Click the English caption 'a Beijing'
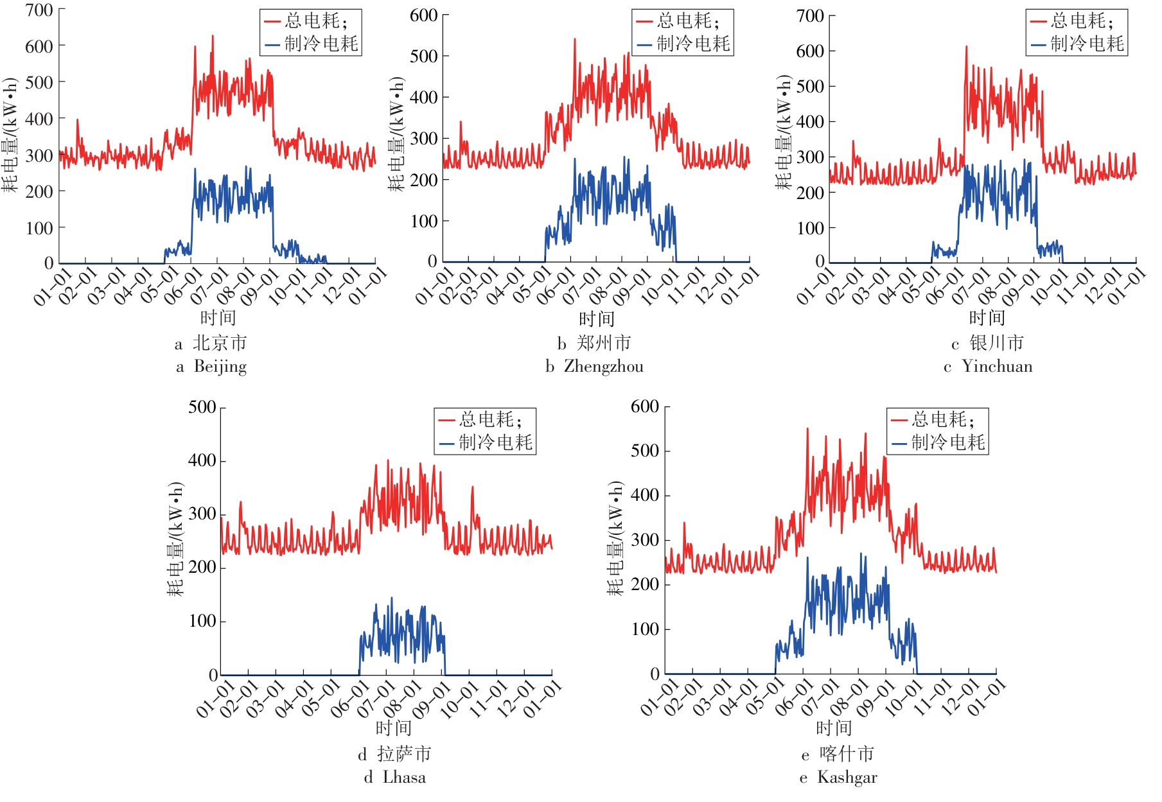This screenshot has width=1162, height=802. pyautogui.click(x=211, y=367)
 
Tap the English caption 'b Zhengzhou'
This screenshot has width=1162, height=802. pyautogui.click(x=594, y=367)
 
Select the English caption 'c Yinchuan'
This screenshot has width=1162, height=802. pyautogui.click(x=988, y=367)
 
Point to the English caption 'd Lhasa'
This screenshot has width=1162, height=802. pyautogui.click(x=394, y=778)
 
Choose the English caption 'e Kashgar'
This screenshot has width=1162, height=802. pyautogui.click(x=838, y=778)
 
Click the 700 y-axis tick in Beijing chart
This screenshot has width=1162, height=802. pyautogui.click(x=39, y=10)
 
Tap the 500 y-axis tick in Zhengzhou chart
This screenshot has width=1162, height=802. pyautogui.click(x=424, y=57)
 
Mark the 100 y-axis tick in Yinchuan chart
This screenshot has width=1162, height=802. pyautogui.click(x=810, y=228)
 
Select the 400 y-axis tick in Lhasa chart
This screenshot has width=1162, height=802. pyautogui.click(x=202, y=460)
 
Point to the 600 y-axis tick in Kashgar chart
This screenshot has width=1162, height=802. pyautogui.click(x=644, y=406)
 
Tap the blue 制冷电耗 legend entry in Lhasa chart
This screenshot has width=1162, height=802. pyautogui.click(x=486, y=442)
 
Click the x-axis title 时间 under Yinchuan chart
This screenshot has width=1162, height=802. pyautogui.click(x=987, y=318)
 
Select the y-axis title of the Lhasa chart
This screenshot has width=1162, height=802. pyautogui.click(x=175, y=539)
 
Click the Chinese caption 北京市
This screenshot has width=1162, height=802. pyautogui.click(x=220, y=344)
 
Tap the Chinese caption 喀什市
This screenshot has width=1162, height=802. pyautogui.click(x=847, y=754)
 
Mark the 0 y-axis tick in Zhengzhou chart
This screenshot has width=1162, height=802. pyautogui.click(x=432, y=261)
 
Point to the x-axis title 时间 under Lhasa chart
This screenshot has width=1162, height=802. pyautogui.click(x=393, y=728)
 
